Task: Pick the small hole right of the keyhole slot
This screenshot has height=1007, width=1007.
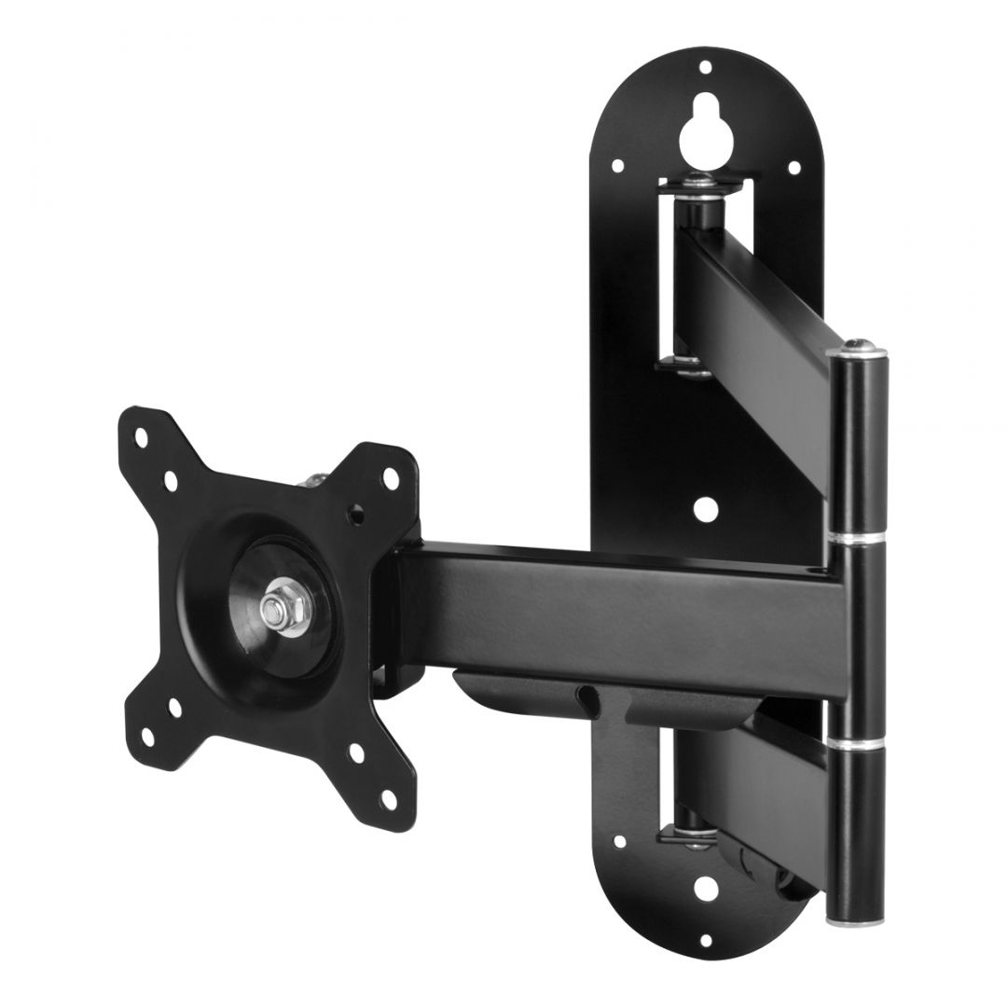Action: tap(793, 168)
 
